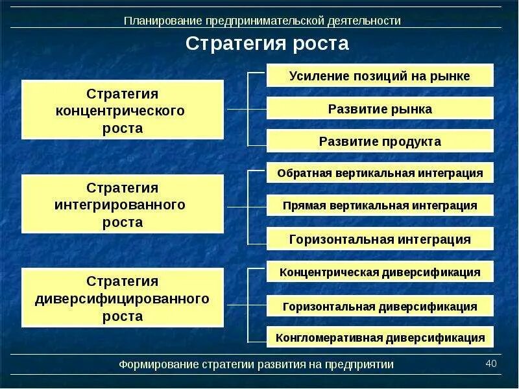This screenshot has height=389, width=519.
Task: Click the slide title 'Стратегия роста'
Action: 267,44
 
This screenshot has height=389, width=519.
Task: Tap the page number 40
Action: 490,364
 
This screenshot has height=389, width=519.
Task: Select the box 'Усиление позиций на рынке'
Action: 380,76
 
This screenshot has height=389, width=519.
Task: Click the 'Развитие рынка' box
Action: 380,109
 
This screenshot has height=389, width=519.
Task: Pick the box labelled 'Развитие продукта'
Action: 380,141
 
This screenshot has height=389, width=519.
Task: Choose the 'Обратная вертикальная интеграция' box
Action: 380,173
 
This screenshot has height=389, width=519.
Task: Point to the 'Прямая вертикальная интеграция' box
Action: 380,206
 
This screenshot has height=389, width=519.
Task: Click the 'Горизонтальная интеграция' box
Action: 380,239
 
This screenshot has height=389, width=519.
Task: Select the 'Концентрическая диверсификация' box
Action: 380,272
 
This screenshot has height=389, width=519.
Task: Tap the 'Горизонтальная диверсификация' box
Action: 380,307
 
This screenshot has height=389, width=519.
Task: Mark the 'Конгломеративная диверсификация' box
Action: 380,338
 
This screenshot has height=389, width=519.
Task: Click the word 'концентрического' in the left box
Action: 123,111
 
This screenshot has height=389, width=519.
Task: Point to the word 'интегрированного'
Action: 123,205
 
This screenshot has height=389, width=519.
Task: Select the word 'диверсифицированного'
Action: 123,300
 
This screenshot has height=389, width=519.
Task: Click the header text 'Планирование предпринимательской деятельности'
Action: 262,21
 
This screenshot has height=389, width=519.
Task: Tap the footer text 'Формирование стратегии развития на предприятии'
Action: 256,364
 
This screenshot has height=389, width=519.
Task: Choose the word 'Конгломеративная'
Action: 329,338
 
